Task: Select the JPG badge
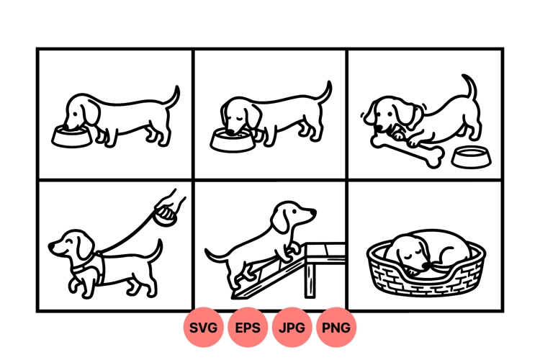(292, 328)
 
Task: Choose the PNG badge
(336, 328)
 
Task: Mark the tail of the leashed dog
(154, 251)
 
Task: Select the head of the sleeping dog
(403, 252)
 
